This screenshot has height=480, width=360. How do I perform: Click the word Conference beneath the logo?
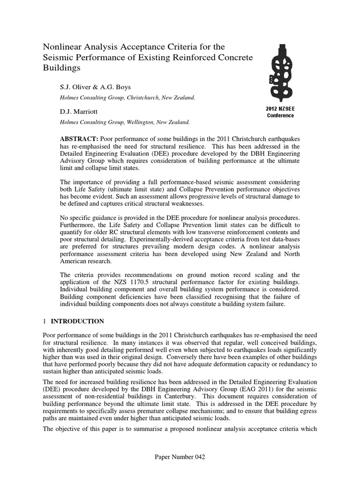click(x=280, y=115)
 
